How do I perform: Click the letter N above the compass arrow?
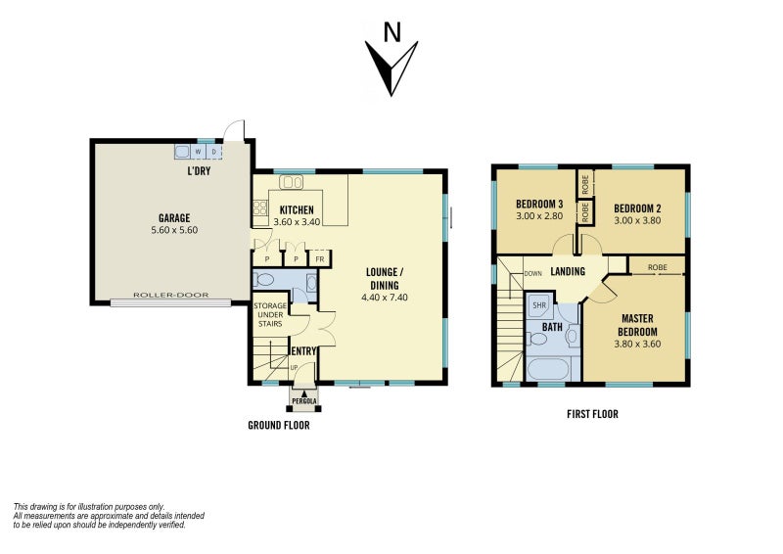[392, 32]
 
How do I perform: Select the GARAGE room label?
[174, 218]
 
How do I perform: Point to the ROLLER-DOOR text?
[170, 295]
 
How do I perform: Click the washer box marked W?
[199, 152]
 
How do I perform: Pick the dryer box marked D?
[214, 152]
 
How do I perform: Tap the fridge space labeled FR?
[320, 258]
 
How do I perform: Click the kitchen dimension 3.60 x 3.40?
[298, 222]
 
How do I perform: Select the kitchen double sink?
[291, 182]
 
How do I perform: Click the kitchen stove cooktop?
[259, 208]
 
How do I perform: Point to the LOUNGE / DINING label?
[385, 279]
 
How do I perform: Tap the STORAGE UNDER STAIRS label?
[270, 315]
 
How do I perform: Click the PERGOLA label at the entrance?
[304, 400]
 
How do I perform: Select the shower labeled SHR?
[539, 305]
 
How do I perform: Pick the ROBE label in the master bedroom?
[657, 267]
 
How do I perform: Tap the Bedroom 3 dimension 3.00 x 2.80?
[539, 215]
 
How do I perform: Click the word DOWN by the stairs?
[532, 274]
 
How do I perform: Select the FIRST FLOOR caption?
[592, 414]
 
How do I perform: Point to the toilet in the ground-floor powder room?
[263, 279]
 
